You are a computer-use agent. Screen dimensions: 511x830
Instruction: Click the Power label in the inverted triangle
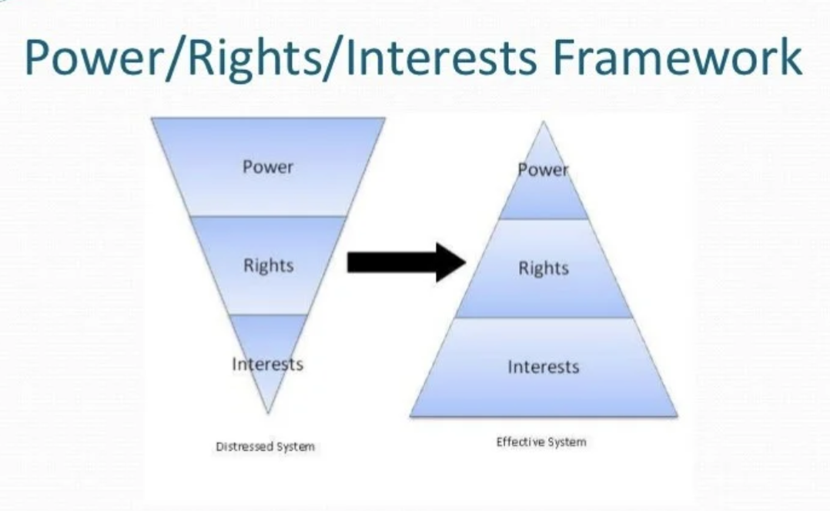point(268,166)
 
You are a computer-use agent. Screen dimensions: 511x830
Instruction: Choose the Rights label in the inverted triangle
point(268,266)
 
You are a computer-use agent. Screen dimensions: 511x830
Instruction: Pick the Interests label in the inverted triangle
point(267,363)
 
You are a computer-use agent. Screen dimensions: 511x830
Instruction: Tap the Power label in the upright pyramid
point(543,170)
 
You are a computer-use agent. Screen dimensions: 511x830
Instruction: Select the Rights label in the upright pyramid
point(543,269)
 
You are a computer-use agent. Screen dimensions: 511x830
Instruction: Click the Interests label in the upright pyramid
point(543,367)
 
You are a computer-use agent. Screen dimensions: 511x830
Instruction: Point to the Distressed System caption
point(265,446)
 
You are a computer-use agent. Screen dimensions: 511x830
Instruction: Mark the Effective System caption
point(541,442)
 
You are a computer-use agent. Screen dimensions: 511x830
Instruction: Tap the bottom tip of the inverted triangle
point(268,409)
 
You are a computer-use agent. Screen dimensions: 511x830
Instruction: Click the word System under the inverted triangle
point(296,446)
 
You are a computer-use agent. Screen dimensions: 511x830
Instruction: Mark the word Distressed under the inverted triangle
point(245,446)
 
